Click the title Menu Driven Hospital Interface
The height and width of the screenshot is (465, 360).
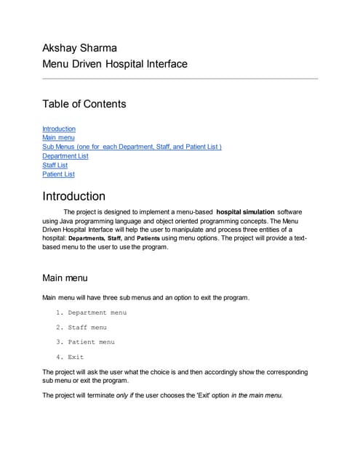click(115, 64)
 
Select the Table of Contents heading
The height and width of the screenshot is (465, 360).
click(84, 104)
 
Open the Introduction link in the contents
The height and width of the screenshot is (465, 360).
click(59, 129)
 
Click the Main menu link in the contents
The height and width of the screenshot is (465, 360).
click(58, 137)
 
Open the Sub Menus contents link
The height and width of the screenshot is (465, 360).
click(132, 147)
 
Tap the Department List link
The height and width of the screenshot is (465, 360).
click(65, 155)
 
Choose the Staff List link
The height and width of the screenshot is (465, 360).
click(55, 165)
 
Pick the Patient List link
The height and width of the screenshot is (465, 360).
click(58, 174)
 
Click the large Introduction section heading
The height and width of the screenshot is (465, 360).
click(74, 196)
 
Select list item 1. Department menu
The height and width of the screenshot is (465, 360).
click(91, 312)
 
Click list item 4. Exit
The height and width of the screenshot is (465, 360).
click(70, 357)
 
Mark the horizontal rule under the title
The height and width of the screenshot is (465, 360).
click(180, 78)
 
